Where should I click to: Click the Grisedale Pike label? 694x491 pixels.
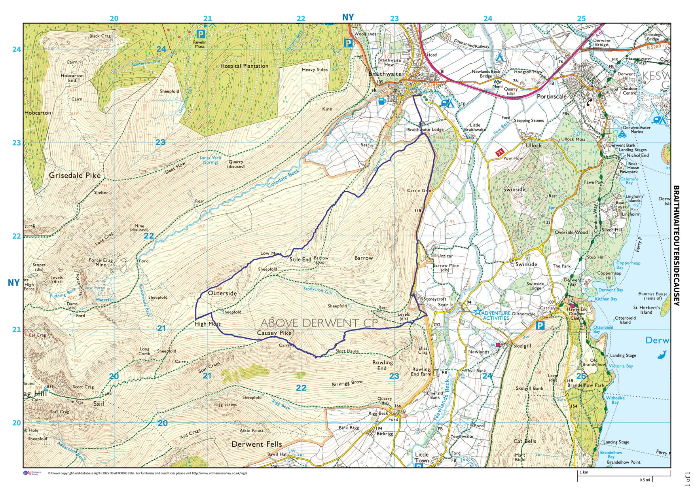[75, 175]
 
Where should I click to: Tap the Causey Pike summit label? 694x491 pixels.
[274, 333]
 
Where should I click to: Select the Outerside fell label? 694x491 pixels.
[222, 293]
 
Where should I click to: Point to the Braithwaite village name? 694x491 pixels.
[385, 74]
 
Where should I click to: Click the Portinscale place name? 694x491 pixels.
[552, 97]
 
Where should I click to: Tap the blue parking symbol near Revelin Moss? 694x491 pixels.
[201, 34]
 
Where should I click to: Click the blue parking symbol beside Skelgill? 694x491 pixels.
[540, 326]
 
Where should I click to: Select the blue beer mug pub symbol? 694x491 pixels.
[382, 101]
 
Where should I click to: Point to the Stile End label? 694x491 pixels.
[300, 260]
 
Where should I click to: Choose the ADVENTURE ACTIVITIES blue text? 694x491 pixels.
[496, 315]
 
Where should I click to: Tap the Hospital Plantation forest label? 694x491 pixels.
[244, 66]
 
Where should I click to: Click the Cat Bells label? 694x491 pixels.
[525, 441]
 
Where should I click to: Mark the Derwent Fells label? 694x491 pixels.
[256, 444]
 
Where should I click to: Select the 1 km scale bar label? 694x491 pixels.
[584, 472]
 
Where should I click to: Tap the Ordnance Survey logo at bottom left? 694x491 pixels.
[32, 473]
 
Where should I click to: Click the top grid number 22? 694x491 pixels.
[301, 19]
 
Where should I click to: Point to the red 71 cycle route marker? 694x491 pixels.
[500, 152]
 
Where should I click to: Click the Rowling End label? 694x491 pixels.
[382, 365]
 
